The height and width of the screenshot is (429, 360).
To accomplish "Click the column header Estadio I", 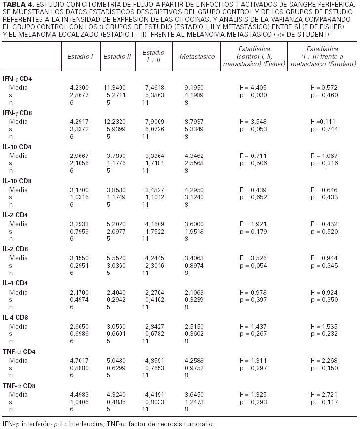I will (x=80, y=56).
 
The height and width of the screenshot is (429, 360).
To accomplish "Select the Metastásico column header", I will (x=197, y=56).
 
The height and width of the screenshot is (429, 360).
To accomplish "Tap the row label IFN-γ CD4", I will (x=18, y=78).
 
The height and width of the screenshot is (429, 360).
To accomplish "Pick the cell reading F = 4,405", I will (x=253, y=87).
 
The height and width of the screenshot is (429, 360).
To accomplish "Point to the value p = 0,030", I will (x=253, y=95).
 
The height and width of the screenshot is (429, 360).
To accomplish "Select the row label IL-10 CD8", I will (x=17, y=181).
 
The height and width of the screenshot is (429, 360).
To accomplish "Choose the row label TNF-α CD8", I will (x=19, y=386).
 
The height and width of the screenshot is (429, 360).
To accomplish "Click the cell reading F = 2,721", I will (x=324, y=394).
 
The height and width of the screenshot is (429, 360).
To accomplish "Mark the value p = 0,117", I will (x=324, y=402).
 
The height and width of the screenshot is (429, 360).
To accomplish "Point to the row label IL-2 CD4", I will (x=15, y=215).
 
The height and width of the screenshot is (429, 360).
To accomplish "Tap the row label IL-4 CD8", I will (x=15, y=317).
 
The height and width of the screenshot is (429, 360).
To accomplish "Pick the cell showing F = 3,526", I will (x=253, y=258).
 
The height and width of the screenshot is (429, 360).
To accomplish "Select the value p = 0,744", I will (x=324, y=129).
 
